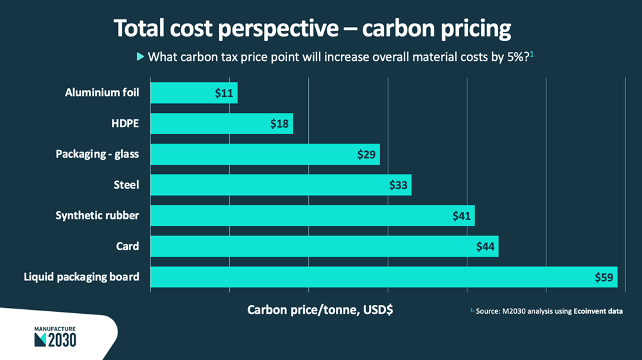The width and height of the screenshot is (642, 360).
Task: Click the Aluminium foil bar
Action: coord(193,93)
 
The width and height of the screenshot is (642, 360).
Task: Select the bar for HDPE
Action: coord(221,124)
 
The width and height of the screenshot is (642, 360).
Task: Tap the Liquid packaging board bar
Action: coord(383,277)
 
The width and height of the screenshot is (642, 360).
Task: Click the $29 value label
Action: coord(367,155)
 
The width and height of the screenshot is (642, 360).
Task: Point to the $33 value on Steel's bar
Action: coord(399,185)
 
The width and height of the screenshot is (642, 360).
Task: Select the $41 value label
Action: coord(462,216)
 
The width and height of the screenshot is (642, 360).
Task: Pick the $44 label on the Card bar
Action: coord(486,246)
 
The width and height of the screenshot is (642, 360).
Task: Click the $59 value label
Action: coord(605,277)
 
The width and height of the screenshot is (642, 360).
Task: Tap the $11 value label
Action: coord(224,93)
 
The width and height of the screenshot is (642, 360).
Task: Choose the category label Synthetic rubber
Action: coord(98,216)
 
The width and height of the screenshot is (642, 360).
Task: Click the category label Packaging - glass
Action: coord(98,155)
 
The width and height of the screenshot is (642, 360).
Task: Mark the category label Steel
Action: coord(126,185)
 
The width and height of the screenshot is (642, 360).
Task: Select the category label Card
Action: coord(128,246)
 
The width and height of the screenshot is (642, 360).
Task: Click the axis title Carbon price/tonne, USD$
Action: coord(320,310)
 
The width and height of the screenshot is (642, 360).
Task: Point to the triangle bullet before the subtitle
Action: coord(141,56)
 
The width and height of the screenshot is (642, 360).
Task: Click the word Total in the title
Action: coord(141,29)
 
